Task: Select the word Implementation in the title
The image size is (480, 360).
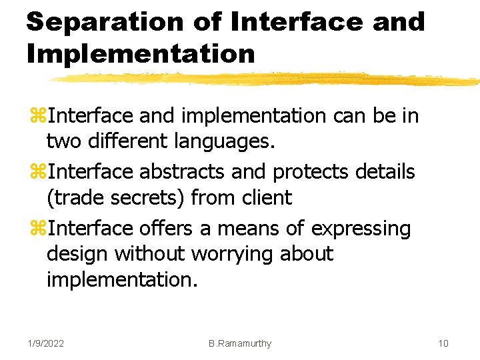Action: pos(141,53)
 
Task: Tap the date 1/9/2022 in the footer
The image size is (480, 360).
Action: pos(46,343)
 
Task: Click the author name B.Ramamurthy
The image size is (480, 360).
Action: pos(240,343)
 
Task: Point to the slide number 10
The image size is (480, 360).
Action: pos(443,343)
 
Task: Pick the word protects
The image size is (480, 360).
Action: pos(311,172)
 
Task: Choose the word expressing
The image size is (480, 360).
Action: pos(361,229)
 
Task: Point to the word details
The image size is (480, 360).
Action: pos(385,172)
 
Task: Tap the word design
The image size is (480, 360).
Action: pos(77,254)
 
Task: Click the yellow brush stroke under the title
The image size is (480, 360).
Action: pos(267,79)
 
